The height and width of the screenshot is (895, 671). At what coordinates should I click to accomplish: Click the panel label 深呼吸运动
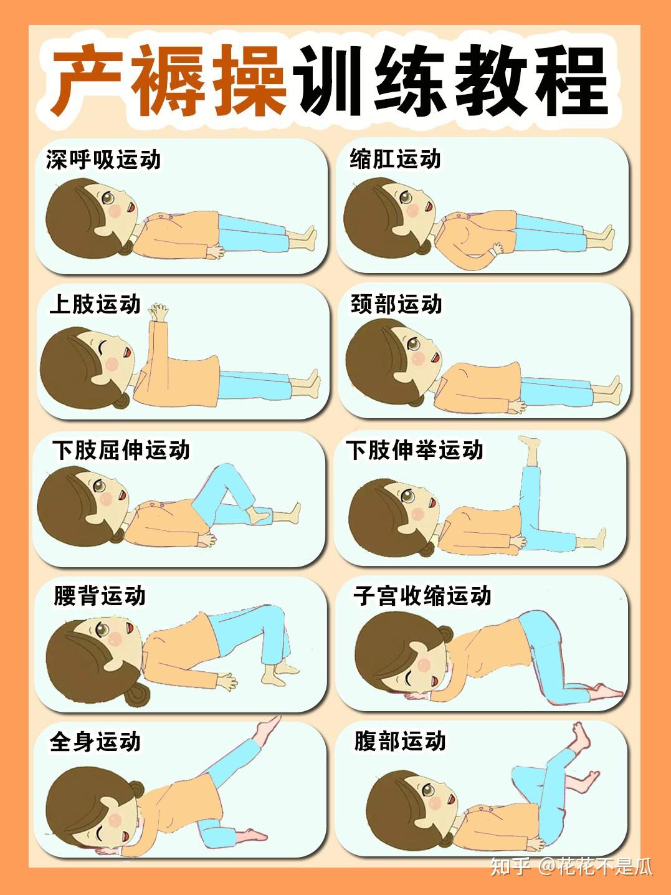click(103, 160)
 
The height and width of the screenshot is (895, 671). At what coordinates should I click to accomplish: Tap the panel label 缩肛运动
click(395, 158)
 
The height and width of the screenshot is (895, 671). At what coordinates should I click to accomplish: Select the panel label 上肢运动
click(95, 305)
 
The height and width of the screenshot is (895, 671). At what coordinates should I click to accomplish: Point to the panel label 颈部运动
click(396, 304)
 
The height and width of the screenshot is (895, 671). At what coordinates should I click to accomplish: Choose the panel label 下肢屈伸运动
click(121, 450)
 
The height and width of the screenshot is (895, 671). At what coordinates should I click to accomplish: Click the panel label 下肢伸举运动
click(415, 450)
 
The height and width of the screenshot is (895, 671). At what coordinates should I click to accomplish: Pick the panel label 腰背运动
click(100, 596)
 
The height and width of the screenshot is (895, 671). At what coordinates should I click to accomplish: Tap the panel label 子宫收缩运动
click(422, 596)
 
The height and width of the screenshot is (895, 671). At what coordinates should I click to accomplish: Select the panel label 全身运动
click(95, 741)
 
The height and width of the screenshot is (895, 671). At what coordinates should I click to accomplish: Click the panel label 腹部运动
click(399, 740)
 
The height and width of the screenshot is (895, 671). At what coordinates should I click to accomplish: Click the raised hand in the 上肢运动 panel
click(158, 312)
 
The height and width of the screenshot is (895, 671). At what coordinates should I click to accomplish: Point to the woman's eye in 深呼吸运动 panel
click(108, 198)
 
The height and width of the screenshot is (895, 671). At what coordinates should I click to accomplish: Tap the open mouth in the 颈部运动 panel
click(436, 359)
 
